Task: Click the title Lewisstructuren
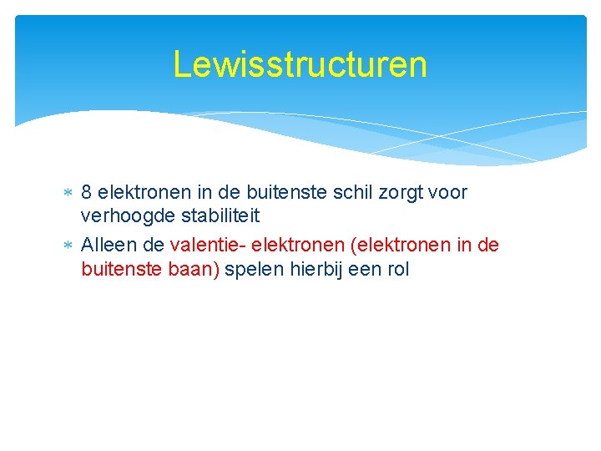[x=300, y=64]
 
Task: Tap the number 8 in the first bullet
[x=87, y=193]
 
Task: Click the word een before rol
[x=364, y=271]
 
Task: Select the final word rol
[x=397, y=271]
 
